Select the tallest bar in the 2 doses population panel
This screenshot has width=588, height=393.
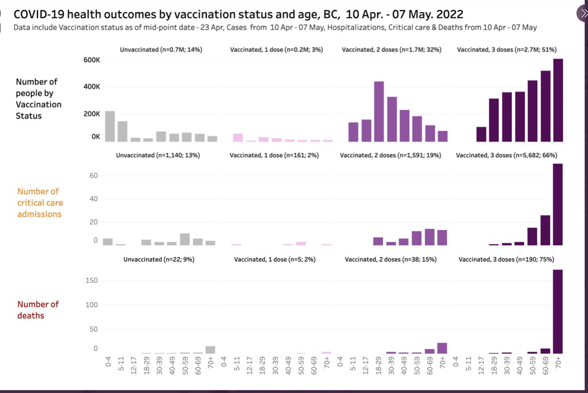coord(379,112)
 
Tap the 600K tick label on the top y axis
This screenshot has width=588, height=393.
coord(92,60)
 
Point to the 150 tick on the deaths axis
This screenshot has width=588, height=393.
coord(91,280)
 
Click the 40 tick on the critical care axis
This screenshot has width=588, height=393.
coord(93,199)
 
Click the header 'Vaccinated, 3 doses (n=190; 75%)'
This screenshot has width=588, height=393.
coord(506,259)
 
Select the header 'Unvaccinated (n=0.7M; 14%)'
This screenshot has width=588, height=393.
coord(161,50)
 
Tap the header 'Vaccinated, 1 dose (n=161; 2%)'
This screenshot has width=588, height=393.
coord(274,155)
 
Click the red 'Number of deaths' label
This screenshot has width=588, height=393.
coord(38,310)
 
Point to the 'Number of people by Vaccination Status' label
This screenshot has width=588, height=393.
coord(38,99)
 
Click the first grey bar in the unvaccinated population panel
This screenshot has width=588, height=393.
coord(110,126)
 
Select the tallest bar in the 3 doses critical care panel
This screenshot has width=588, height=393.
coord(558,204)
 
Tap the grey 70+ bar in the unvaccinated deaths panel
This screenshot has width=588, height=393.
coord(210,350)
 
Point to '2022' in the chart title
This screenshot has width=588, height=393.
coord(450,14)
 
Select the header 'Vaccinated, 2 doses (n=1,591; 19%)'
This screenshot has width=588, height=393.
coord(390,155)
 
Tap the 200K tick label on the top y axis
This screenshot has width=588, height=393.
coord(92,114)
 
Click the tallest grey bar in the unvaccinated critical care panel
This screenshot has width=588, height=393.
coord(185,239)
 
